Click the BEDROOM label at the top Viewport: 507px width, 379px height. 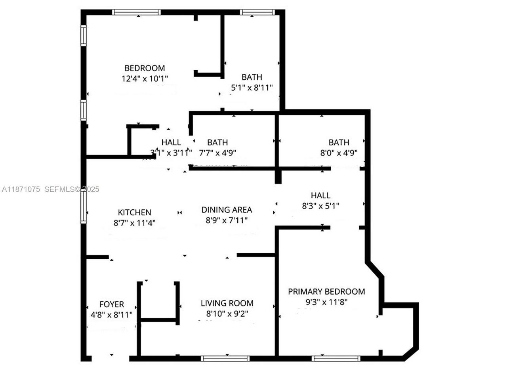(x=145, y=68)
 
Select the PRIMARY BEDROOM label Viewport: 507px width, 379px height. (x=326, y=292)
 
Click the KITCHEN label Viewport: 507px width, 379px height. (x=135, y=212)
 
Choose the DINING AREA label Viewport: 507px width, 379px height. (x=227, y=210)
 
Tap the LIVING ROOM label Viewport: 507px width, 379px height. (x=227, y=303)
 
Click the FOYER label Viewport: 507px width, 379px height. (x=112, y=304)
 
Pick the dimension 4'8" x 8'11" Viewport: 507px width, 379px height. (x=112, y=315)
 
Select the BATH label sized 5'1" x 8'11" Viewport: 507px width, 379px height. (x=252, y=77)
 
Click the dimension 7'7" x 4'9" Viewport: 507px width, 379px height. (x=218, y=153)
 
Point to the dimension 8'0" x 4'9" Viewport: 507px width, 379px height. (x=339, y=153)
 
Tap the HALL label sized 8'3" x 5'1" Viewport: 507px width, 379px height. (x=320, y=195)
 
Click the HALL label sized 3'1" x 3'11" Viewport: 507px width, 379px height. (x=171, y=142)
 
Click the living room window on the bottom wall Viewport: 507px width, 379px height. (x=225, y=358)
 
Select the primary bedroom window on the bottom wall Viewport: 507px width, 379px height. (x=336, y=358)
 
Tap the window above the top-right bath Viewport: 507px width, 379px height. (x=257, y=12)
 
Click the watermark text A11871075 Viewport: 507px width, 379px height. (x=21, y=189)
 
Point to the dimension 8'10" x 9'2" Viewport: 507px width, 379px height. (x=227, y=314)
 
